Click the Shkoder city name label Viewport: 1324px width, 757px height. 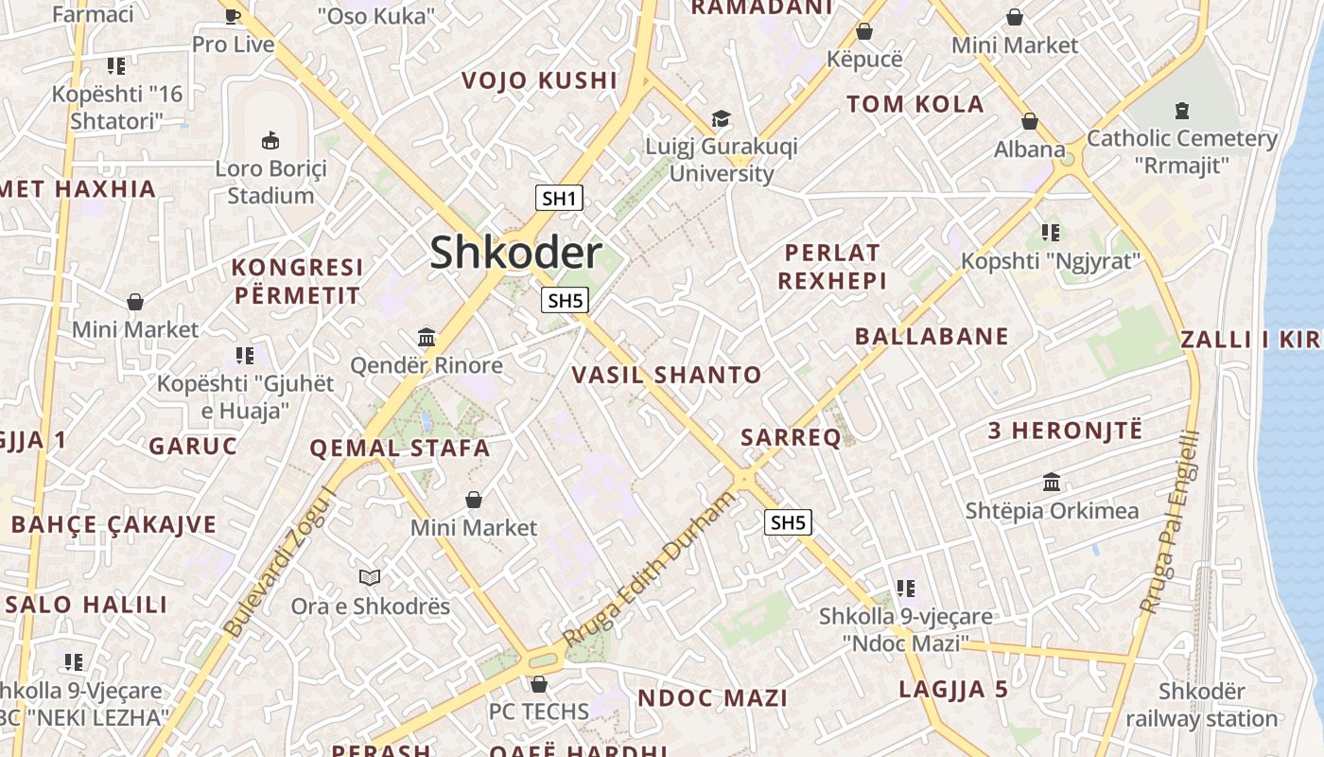(515, 253)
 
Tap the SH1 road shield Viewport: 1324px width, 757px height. (559, 198)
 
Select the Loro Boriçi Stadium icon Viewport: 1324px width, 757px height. (270, 140)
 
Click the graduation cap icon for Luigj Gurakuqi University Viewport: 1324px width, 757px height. (721, 118)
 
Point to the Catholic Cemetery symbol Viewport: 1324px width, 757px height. (1181, 111)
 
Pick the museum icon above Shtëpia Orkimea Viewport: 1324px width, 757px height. (1052, 482)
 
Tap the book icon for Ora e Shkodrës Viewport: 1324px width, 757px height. (370, 577)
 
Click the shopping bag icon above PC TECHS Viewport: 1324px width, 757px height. (539, 683)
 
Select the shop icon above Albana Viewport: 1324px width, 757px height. (1030, 121)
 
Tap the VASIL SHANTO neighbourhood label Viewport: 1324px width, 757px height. (667, 375)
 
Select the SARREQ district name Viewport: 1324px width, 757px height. (791, 437)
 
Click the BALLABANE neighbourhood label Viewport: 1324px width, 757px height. (932, 336)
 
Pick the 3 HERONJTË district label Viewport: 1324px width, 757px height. (1065, 431)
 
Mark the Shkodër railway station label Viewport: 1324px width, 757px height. (1201, 705)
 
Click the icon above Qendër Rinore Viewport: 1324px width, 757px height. (427, 337)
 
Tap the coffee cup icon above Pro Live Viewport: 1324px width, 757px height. (233, 16)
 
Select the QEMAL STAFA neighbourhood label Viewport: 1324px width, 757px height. (400, 449)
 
